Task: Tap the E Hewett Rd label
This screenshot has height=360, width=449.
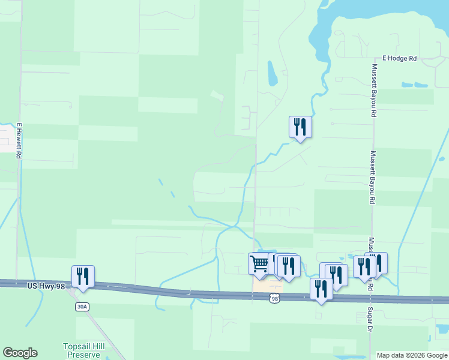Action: point(19,141)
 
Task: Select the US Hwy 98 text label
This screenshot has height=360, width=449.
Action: point(45,287)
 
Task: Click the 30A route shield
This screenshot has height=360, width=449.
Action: point(82,307)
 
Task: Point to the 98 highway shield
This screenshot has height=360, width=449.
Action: point(274,298)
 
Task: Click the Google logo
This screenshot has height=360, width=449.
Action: point(20,353)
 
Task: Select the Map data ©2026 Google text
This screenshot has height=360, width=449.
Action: point(412,355)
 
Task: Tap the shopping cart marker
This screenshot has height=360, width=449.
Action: point(259,263)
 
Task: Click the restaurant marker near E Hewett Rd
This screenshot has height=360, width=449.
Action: point(83,276)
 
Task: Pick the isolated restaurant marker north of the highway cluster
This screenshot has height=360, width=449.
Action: point(300,127)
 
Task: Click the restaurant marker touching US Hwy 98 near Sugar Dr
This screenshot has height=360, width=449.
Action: point(321,289)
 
